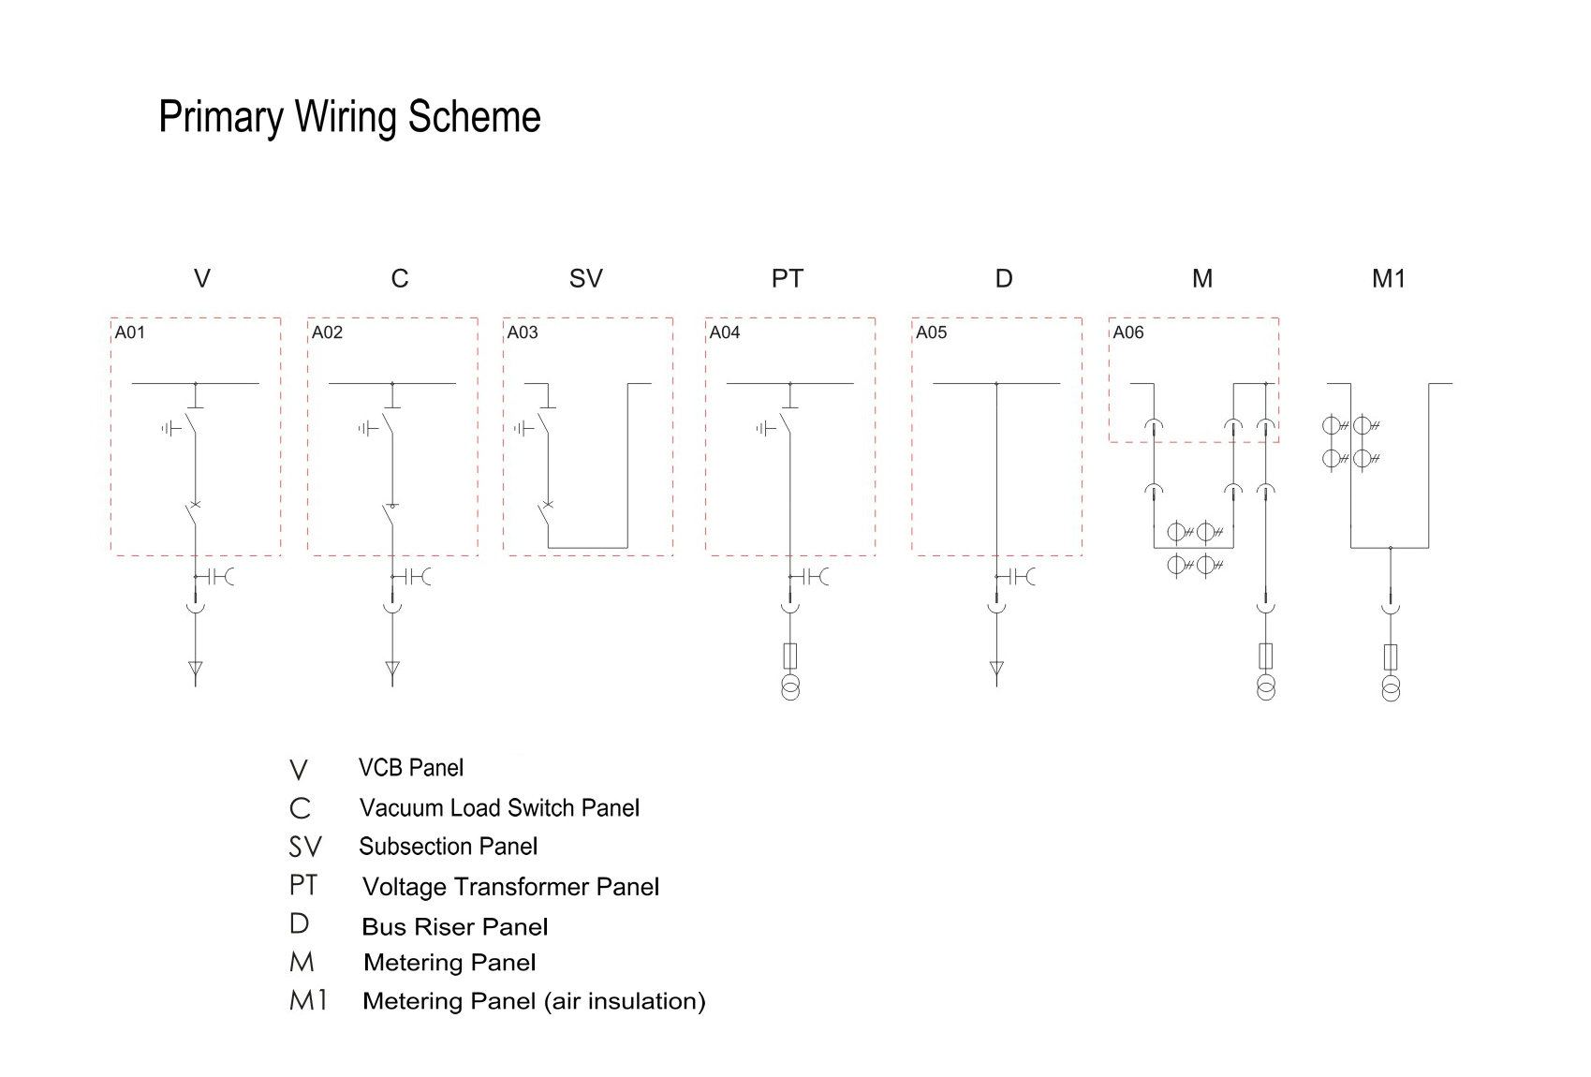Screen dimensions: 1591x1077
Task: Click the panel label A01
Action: point(130,332)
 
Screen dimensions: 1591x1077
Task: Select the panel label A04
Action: point(725,332)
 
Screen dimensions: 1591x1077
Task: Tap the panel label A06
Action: point(1127,332)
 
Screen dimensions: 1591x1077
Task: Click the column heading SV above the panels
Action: point(586,278)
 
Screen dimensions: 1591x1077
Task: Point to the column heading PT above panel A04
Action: point(788,278)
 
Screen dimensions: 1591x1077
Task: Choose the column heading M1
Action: point(1389,278)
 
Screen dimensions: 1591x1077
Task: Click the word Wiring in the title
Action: point(346,117)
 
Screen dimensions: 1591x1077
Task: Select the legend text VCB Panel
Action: point(411,768)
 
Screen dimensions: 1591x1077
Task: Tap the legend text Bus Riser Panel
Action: point(454,927)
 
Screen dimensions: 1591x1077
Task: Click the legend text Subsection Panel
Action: point(449,847)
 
